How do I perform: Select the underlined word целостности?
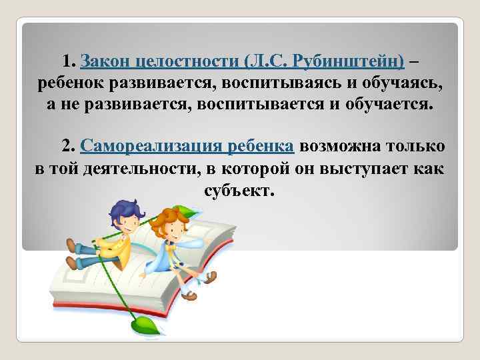pos(185,62)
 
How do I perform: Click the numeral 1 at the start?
pos(66,62)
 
